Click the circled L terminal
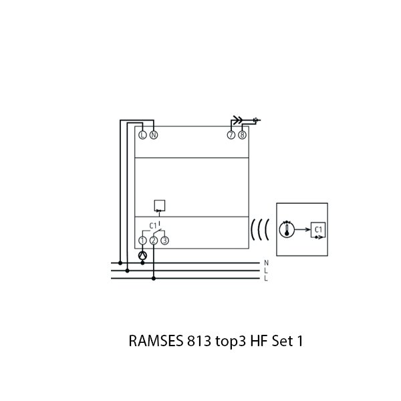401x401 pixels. tap(142, 135)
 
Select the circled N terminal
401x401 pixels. tap(153, 135)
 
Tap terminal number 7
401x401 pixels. tap(231, 135)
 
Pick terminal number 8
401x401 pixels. tap(242, 135)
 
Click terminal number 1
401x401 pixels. tap(142, 240)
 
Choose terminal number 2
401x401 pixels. tap(153, 240)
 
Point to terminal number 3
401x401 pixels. tap(164, 240)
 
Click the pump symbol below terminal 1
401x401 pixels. tap(142, 256)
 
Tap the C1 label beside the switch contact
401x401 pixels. tap(152, 225)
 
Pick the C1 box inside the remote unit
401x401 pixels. tap(317, 229)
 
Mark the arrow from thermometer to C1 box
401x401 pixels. tap(303, 229)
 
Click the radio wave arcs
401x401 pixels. tap(259, 230)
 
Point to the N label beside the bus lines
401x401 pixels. tap(266, 263)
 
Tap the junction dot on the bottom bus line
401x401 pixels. tap(153, 279)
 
